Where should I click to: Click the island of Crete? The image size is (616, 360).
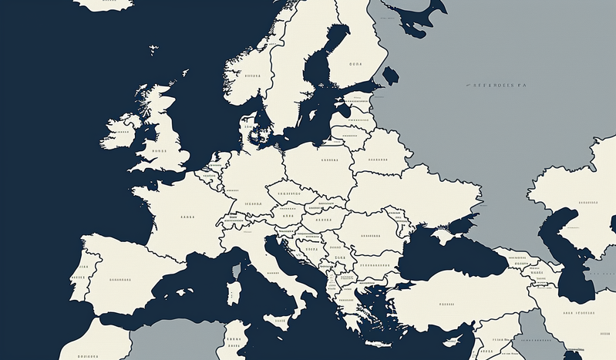(379, 344)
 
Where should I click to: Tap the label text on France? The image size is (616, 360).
(187, 217)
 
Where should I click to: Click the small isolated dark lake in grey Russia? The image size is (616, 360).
(390, 75)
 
